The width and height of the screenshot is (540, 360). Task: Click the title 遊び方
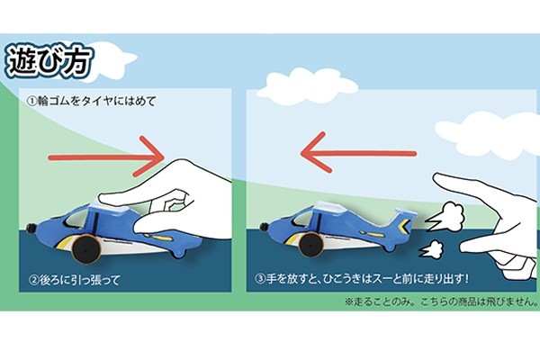coord(56,61)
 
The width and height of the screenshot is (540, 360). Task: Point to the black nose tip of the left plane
coord(32,227)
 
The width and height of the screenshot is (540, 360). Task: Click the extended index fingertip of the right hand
coord(441,182)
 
